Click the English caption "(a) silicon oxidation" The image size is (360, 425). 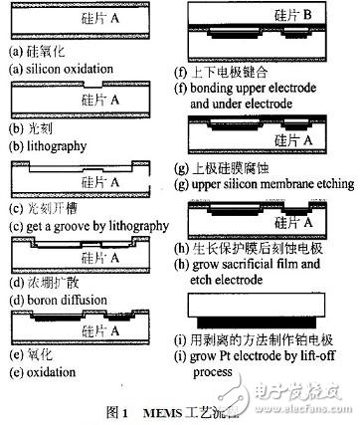pos(60,69)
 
